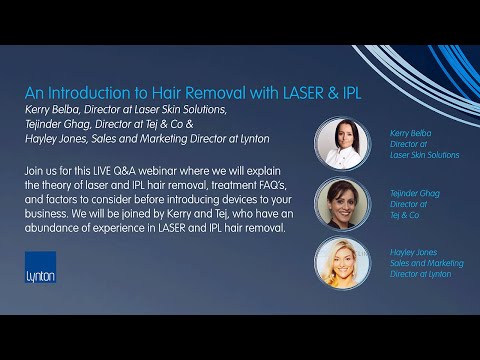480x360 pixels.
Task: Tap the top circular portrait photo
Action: (x=343, y=143)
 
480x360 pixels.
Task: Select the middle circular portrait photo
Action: (x=343, y=203)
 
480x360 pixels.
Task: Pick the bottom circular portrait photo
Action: (x=343, y=263)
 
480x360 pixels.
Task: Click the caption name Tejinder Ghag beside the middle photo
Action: (x=411, y=191)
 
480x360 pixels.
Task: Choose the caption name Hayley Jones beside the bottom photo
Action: (x=409, y=251)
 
